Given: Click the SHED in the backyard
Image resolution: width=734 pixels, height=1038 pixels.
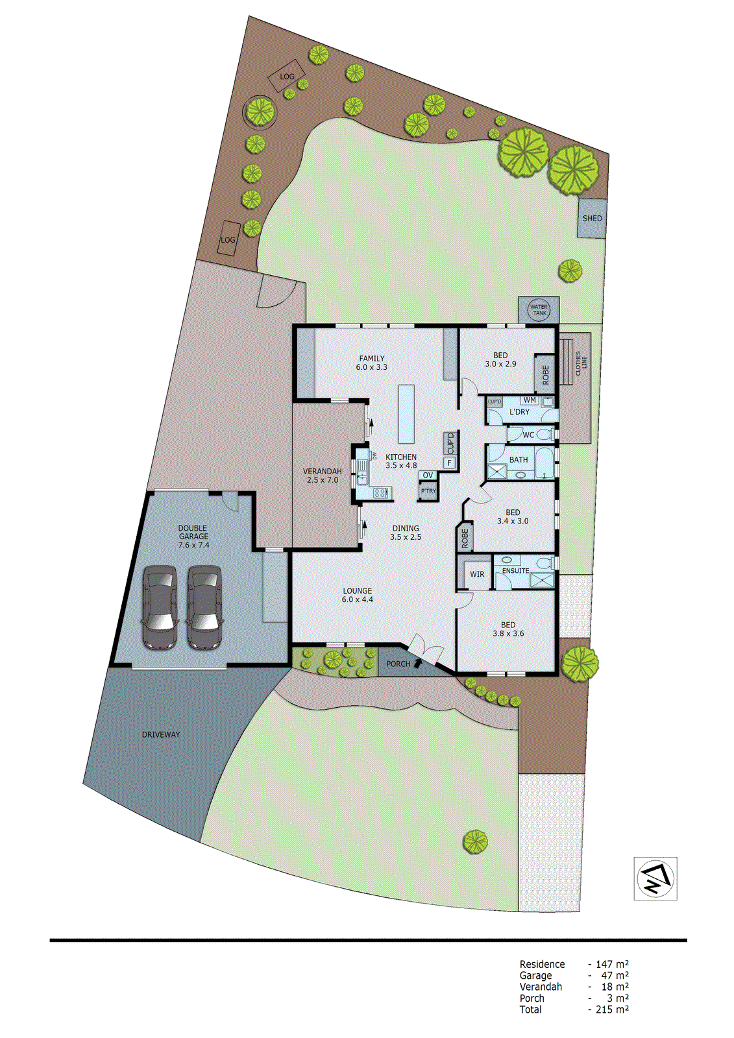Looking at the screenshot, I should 592,218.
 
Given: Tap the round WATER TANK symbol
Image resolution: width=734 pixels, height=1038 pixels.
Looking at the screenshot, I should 539,310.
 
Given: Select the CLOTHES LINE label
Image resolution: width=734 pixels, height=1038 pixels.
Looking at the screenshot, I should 581,363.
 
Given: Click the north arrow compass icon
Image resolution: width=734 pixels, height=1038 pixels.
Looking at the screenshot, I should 655,878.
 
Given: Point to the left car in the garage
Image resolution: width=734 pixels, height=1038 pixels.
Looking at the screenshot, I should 160,607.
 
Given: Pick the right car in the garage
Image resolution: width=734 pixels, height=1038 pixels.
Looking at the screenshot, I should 204,607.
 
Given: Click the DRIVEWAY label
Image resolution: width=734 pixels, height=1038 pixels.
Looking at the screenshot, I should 161,734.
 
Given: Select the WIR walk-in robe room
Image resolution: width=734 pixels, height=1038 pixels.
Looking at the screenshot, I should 477,574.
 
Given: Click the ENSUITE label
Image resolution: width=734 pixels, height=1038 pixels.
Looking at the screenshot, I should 515,571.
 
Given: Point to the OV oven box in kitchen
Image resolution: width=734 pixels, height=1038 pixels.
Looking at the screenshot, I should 428,476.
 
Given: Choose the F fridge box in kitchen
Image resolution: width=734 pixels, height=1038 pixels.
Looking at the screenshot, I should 449,463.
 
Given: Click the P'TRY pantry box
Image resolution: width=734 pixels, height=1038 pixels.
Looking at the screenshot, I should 428,492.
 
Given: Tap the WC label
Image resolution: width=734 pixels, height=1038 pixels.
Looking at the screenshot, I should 528,435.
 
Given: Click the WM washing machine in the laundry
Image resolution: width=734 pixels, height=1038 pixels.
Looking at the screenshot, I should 530,401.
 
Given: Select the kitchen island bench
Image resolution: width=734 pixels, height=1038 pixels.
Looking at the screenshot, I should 406,414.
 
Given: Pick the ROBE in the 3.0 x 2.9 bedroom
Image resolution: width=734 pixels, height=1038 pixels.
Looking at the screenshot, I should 545,374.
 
